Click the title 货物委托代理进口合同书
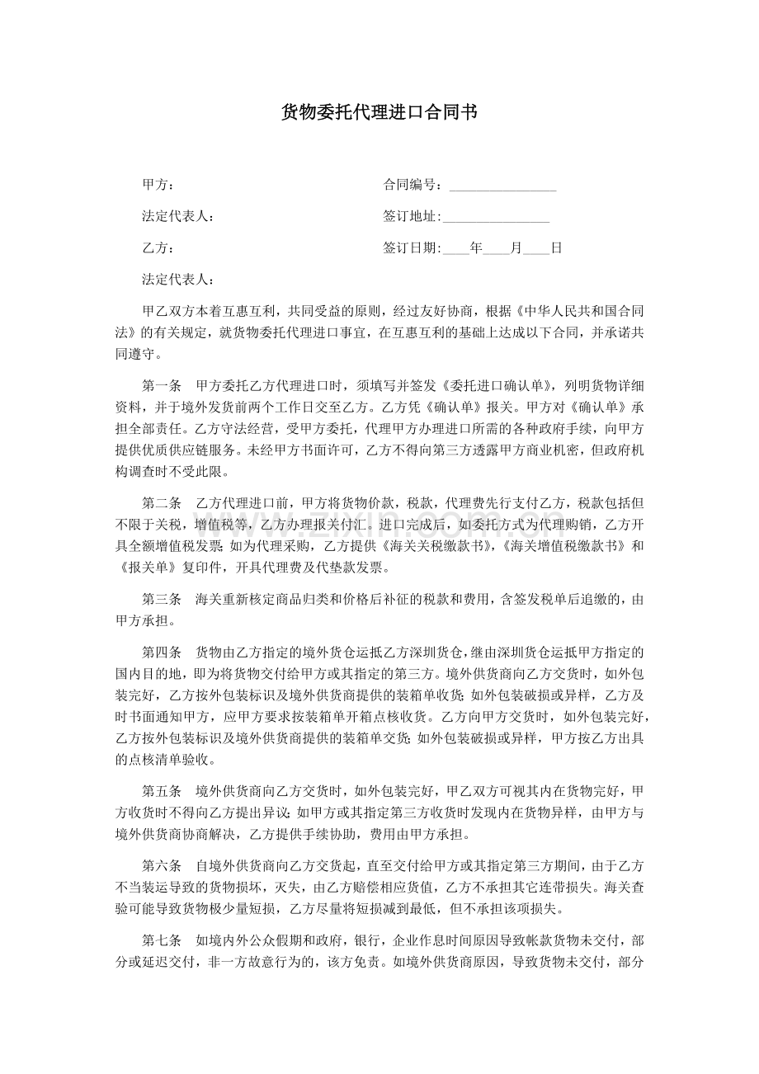coord(379,113)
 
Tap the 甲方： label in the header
coord(158,185)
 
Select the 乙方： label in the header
coord(158,247)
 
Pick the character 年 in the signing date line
coord(476,247)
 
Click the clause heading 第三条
coord(162,599)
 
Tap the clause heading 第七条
coord(162,940)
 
